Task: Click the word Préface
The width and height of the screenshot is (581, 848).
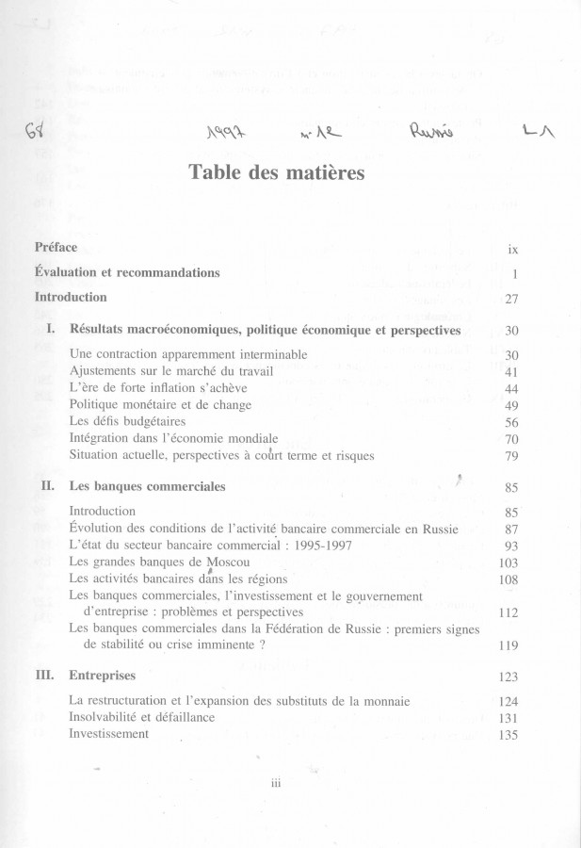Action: click(56, 248)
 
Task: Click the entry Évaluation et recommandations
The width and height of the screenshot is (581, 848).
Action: click(127, 272)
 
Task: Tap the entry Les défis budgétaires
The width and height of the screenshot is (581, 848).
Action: click(127, 421)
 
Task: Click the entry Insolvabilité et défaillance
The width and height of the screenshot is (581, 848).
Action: click(142, 717)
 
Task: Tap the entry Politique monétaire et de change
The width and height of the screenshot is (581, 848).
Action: click(160, 404)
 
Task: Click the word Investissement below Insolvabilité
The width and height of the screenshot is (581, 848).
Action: click(109, 734)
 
